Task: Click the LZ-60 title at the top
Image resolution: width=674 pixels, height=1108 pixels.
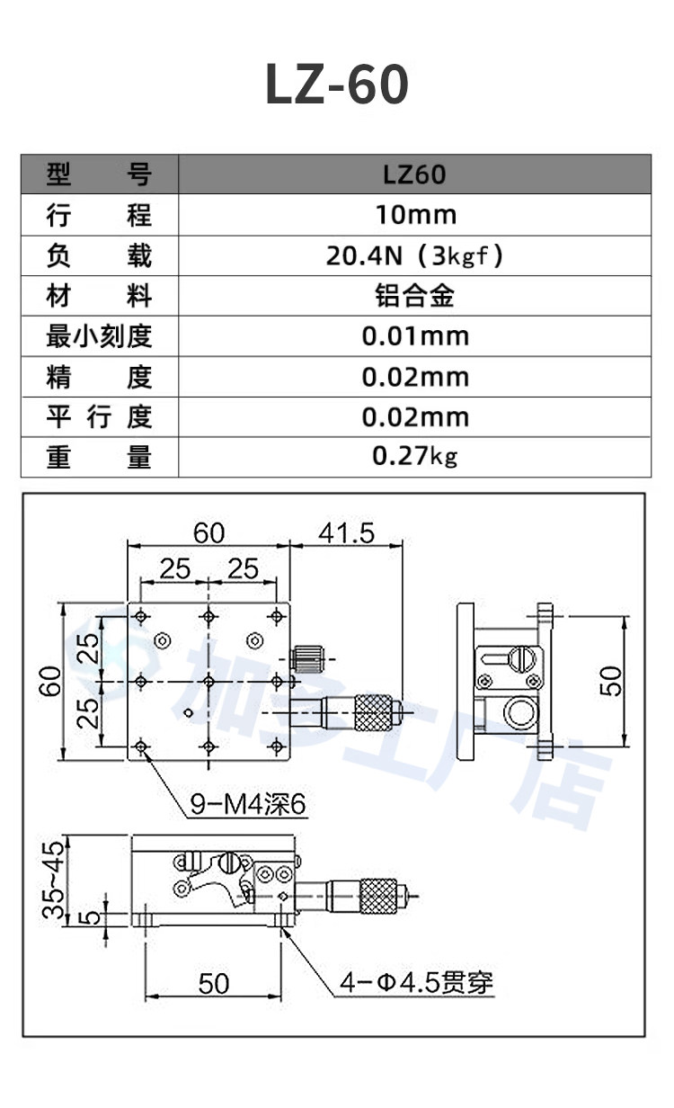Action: tap(338, 85)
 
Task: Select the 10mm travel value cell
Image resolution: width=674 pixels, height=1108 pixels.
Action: tap(415, 215)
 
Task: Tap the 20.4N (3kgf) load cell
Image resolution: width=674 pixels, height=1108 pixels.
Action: tap(414, 255)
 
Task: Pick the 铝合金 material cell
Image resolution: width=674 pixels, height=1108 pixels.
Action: tap(414, 296)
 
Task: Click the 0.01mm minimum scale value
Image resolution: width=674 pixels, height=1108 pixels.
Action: tap(415, 336)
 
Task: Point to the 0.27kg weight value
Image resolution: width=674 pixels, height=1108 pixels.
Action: tap(414, 456)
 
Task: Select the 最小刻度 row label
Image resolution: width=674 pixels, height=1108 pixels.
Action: tap(99, 336)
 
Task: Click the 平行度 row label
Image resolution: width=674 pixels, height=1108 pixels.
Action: tap(99, 417)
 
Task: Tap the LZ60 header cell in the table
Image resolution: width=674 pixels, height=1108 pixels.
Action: tap(414, 174)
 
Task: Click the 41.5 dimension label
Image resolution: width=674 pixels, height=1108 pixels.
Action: tap(347, 533)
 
